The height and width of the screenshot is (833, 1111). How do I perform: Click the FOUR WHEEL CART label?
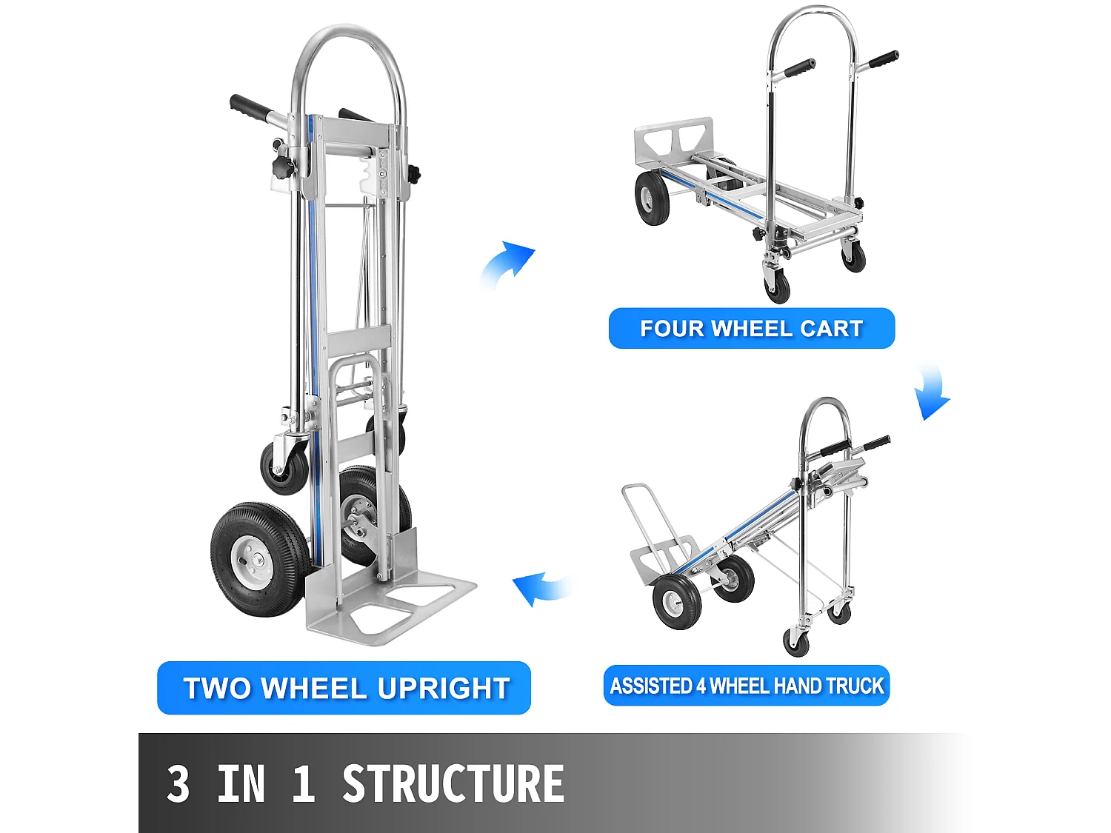(x=751, y=328)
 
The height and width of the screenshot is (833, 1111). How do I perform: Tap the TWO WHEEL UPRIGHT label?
(x=344, y=688)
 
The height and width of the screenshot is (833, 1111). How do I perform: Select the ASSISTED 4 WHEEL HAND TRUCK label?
(x=747, y=686)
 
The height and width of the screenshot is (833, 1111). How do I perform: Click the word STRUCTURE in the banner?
(x=453, y=785)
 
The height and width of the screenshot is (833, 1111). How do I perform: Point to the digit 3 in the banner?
(x=178, y=785)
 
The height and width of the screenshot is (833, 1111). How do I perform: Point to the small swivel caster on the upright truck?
(x=284, y=466)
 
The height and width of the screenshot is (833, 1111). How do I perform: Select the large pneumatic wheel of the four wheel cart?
(x=652, y=198)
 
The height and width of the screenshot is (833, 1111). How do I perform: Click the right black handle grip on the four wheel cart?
(x=884, y=60)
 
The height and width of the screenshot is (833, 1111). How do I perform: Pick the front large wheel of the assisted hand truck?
(x=676, y=603)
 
